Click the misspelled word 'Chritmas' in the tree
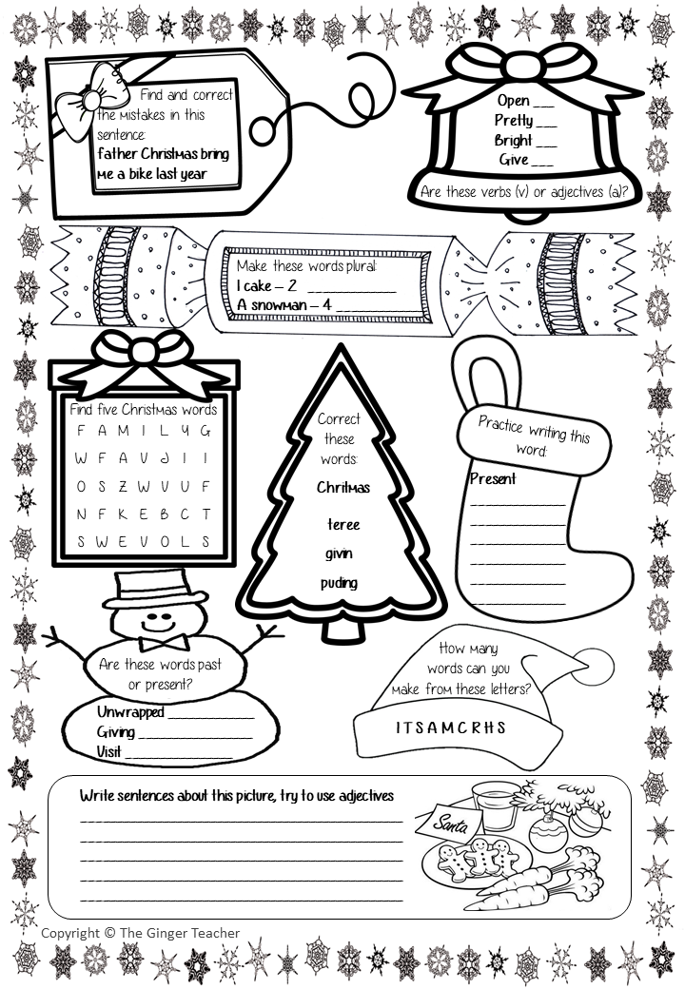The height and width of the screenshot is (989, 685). coord(343,487)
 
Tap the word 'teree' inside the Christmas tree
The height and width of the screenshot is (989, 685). coord(343,524)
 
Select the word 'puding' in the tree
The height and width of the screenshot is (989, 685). coord(339,583)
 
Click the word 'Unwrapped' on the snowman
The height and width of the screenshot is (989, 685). coord(130,712)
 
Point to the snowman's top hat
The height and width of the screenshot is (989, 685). coord(155,589)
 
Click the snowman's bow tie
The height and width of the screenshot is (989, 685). coord(164,643)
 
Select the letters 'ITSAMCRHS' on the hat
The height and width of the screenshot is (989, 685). coord(450,727)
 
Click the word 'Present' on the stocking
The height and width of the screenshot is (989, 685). coord(493,478)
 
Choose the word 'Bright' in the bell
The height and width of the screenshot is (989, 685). coord(514,140)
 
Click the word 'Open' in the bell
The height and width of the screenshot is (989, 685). coord(513,100)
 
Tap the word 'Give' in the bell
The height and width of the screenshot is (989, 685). coord(514,160)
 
